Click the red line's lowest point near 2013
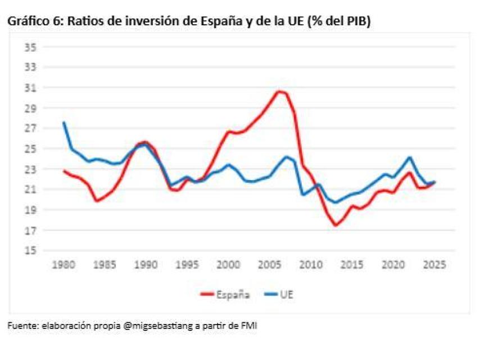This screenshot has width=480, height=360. (x=336, y=225)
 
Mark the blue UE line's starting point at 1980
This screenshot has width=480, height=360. (x=64, y=123)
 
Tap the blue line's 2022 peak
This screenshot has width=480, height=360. (x=410, y=157)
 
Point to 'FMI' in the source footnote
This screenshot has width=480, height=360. (x=249, y=326)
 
